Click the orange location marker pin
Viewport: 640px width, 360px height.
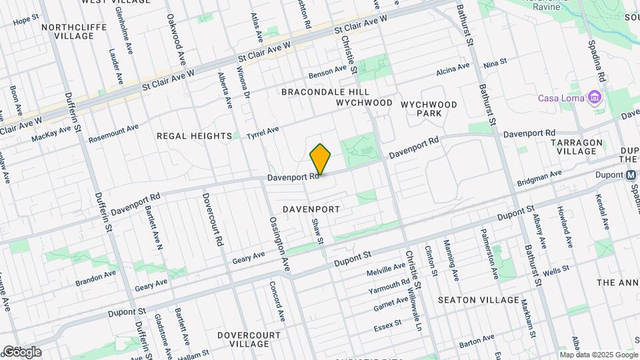(x=320, y=159)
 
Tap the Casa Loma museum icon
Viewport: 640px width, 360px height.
(x=595, y=99)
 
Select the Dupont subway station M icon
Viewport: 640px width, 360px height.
(x=631, y=175)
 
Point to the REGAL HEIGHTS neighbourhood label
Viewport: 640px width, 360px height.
(x=193, y=135)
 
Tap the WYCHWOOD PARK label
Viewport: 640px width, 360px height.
(x=429, y=109)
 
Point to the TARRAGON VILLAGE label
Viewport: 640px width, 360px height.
(x=577, y=147)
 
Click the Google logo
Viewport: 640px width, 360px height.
(x=21, y=352)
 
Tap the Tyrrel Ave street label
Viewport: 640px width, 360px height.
(x=263, y=133)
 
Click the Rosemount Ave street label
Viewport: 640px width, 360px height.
(x=113, y=133)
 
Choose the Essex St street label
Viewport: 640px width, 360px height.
(x=388, y=325)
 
